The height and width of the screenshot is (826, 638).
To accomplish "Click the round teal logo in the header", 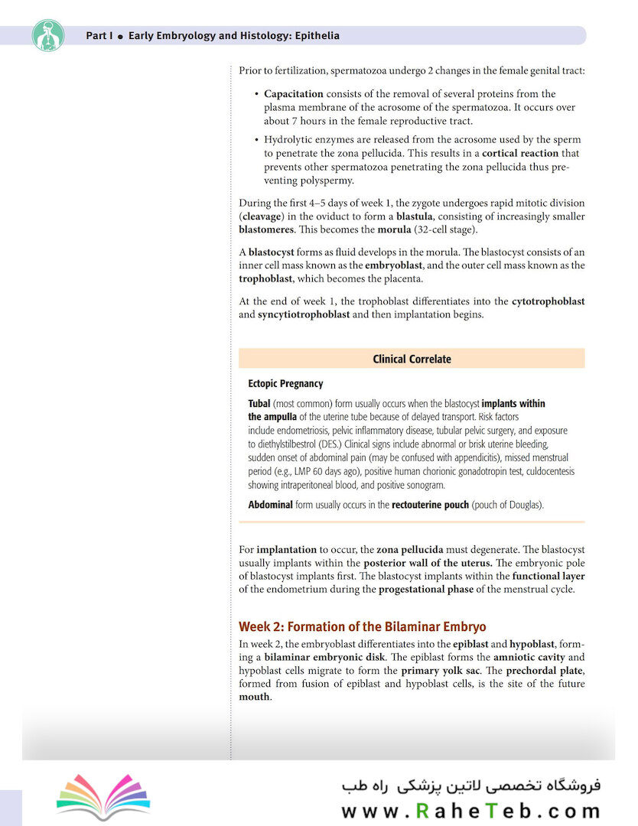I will coord(48,35).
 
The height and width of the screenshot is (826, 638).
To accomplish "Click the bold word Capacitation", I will coord(295,94).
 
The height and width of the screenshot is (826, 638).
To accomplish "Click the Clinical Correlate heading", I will coord(412,359).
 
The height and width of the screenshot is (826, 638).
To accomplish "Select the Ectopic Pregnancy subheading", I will coord(285,384).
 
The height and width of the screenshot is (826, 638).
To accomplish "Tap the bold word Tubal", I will coord(261,403).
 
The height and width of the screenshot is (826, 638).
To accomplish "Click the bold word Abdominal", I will coord(270,505).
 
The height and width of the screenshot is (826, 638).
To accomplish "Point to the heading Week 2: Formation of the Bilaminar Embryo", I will coord(362,627).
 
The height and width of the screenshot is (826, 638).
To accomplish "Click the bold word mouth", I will coord(254,697).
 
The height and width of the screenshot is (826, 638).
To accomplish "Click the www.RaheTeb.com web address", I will coord(470,811).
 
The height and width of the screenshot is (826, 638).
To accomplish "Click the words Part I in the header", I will coord(99,36).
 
